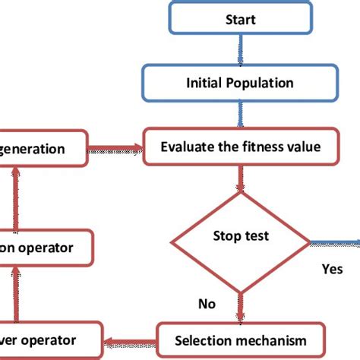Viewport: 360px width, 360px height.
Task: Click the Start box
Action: pos(240,19)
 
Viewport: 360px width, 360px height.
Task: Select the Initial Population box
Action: pos(240,81)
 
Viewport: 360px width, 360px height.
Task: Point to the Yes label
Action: pos(332,269)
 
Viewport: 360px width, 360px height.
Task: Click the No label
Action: pos(207,304)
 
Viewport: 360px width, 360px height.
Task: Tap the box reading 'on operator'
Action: pos(46,248)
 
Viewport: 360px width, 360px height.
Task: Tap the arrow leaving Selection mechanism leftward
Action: pos(129,339)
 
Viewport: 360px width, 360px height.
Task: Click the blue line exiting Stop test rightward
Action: pos(334,244)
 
